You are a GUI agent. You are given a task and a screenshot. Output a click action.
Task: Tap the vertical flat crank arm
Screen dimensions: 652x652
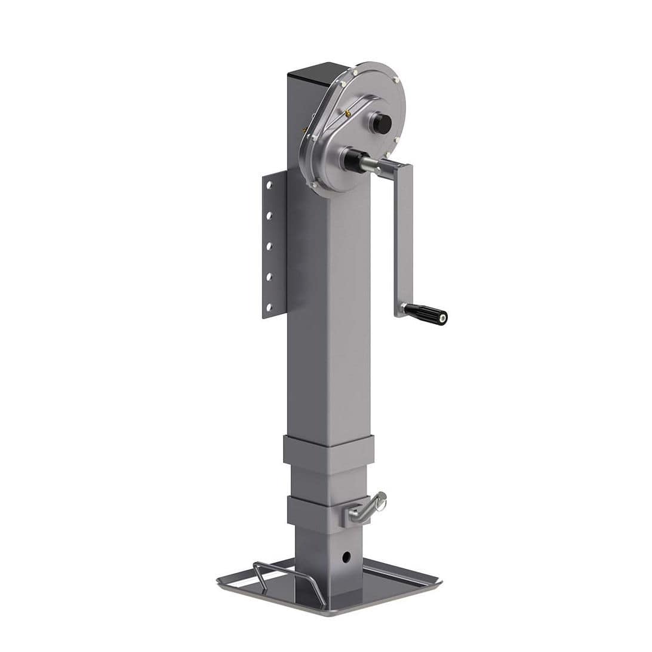404,239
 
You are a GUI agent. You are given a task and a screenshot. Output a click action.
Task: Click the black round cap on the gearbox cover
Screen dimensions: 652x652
381,124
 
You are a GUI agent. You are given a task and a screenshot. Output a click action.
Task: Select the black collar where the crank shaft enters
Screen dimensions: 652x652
352,160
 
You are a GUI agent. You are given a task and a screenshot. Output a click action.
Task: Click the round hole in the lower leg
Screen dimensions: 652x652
346,556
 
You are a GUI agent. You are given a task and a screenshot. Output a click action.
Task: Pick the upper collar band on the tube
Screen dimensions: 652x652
328,451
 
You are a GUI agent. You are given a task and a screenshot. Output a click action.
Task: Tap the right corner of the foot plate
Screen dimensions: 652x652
439,580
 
